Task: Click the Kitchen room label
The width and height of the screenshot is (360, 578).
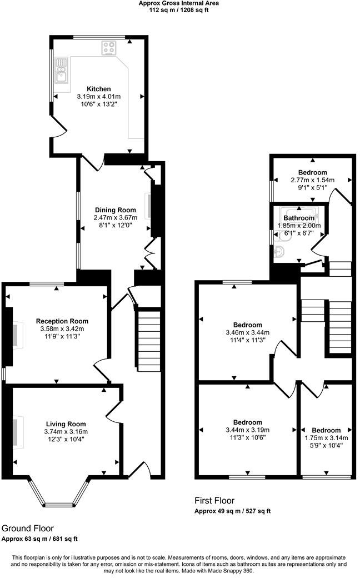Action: (x=98, y=89)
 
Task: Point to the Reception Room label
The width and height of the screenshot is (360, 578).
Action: (x=62, y=321)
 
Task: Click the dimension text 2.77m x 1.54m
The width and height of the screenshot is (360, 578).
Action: (x=312, y=180)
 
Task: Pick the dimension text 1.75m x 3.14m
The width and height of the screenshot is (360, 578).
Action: (x=326, y=438)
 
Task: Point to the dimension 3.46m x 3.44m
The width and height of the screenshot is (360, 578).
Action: (x=248, y=332)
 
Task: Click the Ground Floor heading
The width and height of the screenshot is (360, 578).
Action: (x=28, y=527)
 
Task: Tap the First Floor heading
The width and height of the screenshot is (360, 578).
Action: (x=214, y=501)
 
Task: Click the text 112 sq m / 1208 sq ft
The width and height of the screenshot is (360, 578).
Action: (x=178, y=9)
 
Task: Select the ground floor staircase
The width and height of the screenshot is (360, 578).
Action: (x=148, y=340)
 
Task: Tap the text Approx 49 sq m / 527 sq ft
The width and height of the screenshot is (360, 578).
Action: (x=232, y=511)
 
